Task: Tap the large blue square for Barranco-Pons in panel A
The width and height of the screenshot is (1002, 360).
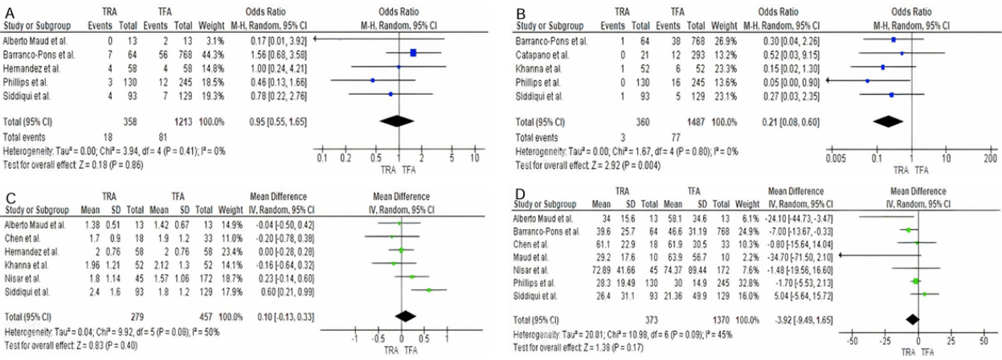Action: click(x=414, y=53)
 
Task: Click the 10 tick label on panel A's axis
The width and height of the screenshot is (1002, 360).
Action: click(x=474, y=159)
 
